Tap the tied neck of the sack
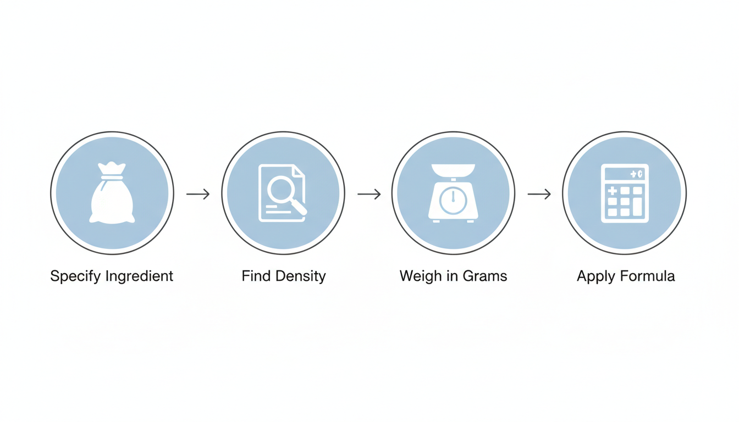click(x=112, y=177)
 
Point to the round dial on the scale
click(x=453, y=201)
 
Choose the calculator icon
click(x=625, y=193)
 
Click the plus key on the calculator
click(x=612, y=191)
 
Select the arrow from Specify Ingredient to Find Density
click(x=198, y=194)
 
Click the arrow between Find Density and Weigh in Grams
click(x=369, y=194)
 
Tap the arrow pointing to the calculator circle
click(x=539, y=194)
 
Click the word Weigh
click(x=420, y=276)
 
